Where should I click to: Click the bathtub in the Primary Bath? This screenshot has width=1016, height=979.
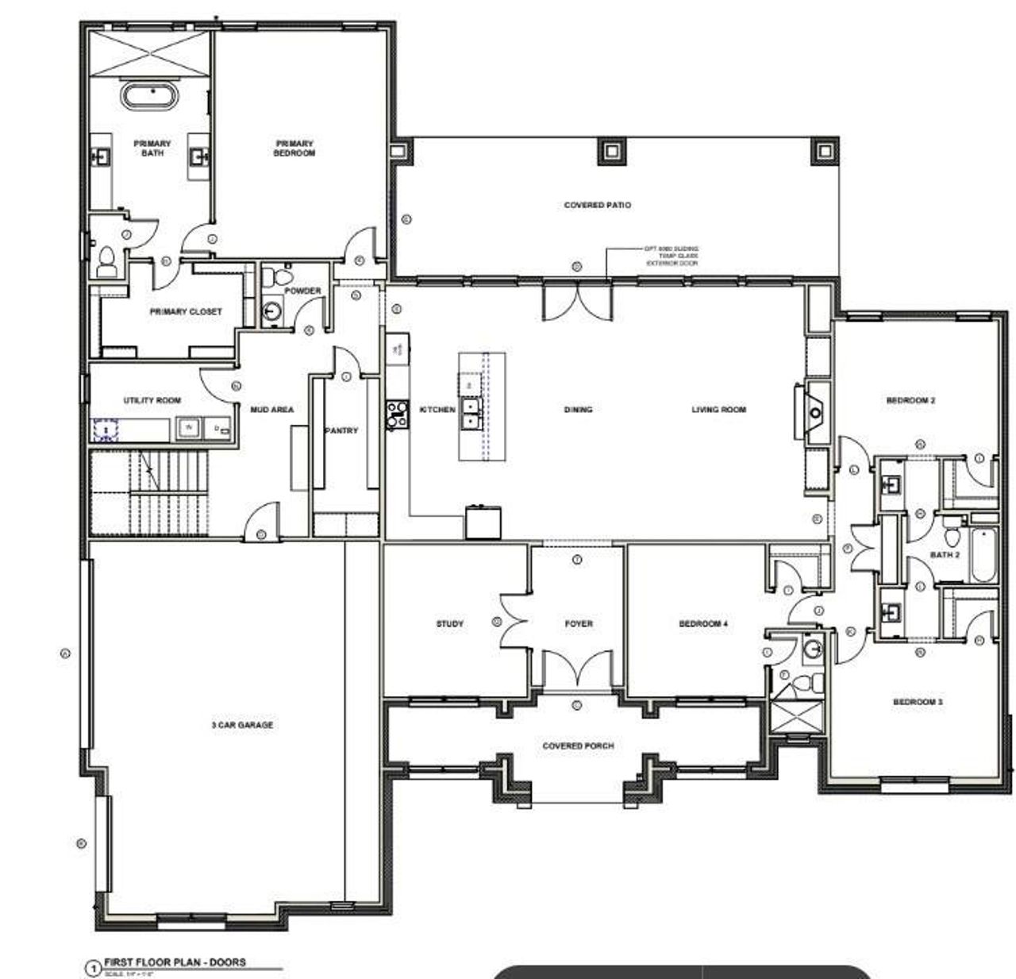pos(149,97)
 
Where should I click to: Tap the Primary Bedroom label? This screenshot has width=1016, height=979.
pos(294,148)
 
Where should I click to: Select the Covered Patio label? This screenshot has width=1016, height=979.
pos(598,205)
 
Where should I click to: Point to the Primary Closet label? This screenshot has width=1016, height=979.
pos(186,312)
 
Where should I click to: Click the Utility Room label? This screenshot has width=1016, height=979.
pos(152,400)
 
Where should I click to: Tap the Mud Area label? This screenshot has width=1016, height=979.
pos(272,410)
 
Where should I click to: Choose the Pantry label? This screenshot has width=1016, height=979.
pos(341,430)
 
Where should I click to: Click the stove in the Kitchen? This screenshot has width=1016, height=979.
pos(395,414)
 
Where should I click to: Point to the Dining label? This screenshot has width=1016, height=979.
pos(578,410)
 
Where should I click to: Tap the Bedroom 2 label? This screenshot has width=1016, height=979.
pos(910,401)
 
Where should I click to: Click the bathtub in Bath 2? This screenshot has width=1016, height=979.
pos(983,555)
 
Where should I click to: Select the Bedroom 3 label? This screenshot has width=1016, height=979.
pos(918,702)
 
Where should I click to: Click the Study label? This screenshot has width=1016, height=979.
pos(450,624)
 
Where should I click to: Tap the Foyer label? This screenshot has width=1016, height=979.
pos(579,624)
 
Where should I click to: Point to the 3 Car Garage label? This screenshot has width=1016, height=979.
pos(242,725)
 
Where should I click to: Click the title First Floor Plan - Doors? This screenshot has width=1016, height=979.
pos(187,962)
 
